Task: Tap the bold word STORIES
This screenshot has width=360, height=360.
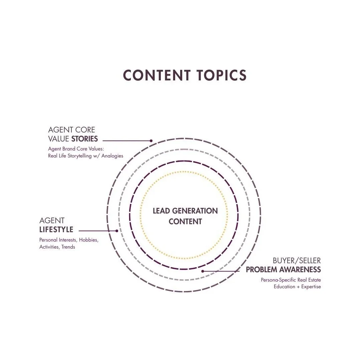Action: pyautogui.click(x=84, y=139)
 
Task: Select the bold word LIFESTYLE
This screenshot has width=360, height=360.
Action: pyautogui.click(x=56, y=230)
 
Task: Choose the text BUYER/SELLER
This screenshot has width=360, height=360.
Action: pyautogui.click(x=297, y=261)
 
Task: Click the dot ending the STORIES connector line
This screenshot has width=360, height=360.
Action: pyautogui.click(x=151, y=141)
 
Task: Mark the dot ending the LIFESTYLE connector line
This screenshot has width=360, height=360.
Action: pyautogui.click(x=116, y=231)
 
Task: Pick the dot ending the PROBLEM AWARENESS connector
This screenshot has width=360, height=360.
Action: pyautogui.click(x=203, y=271)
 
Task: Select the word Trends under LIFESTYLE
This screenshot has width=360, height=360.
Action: pyautogui.click(x=68, y=247)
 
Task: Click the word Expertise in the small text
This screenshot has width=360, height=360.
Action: pyautogui.click(x=311, y=287)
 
